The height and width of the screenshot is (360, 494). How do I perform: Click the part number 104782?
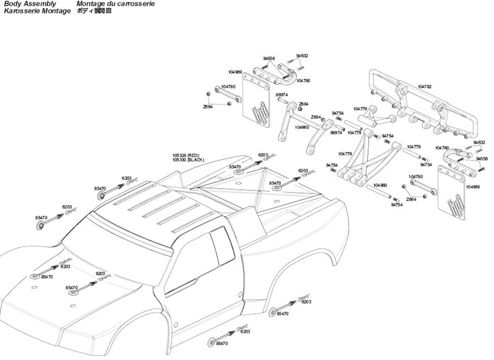(x=424, y=87)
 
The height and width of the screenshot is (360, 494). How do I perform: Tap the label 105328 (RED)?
(x=187, y=155)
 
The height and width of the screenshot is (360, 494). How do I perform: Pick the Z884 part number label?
(x=304, y=104)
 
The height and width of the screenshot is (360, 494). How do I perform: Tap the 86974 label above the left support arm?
(x=282, y=95)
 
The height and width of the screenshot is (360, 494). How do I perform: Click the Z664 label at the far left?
(x=207, y=107)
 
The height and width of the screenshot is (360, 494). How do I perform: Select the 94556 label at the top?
(x=269, y=58)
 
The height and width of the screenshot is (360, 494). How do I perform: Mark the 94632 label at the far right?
(x=480, y=143)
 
